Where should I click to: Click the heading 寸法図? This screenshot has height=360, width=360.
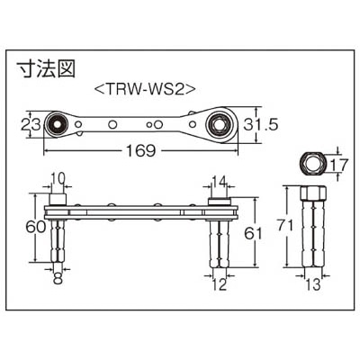46,69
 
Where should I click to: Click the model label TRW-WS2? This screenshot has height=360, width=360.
145,89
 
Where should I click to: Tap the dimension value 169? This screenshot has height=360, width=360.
140,151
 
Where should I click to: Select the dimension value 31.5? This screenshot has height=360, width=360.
260,125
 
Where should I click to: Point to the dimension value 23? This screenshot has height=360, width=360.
31,125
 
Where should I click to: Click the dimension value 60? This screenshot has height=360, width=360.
35,228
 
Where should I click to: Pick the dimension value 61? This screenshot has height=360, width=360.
253,233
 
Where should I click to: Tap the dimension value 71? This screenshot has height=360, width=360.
284,226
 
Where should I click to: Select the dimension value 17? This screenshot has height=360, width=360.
339,165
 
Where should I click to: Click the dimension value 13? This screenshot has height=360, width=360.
313,284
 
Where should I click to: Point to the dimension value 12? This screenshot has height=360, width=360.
220,284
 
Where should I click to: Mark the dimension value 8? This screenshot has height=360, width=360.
58,278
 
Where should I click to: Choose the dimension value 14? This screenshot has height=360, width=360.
220,180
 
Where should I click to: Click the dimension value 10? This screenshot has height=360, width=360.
57,179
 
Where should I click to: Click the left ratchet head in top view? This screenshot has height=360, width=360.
57,124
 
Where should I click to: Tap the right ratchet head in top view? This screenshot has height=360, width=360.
220,124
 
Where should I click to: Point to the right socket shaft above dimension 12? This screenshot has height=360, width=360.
220,244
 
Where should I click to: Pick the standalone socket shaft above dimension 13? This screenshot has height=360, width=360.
313,226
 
